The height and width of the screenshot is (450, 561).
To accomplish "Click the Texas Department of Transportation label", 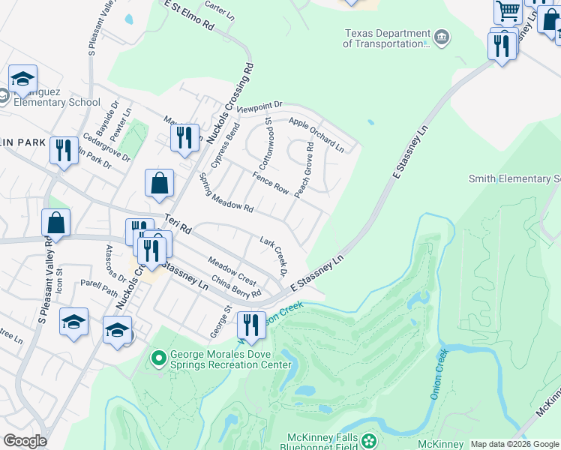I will [385, 38].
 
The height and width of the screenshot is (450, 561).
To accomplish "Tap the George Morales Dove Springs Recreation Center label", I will [230, 359].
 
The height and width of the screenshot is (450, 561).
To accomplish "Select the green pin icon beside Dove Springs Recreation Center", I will [158, 359].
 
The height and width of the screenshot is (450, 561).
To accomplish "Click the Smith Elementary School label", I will [514, 178].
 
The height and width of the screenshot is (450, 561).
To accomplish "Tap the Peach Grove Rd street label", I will [304, 172].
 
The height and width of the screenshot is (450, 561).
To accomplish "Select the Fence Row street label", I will [271, 184].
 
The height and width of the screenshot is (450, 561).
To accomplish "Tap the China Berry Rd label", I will [235, 287].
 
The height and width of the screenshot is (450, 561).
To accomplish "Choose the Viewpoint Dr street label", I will [259, 107].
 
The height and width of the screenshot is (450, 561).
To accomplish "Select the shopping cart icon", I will [508, 11].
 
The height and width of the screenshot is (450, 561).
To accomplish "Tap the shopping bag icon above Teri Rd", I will [159, 183].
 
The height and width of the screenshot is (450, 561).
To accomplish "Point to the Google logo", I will [25, 441].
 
